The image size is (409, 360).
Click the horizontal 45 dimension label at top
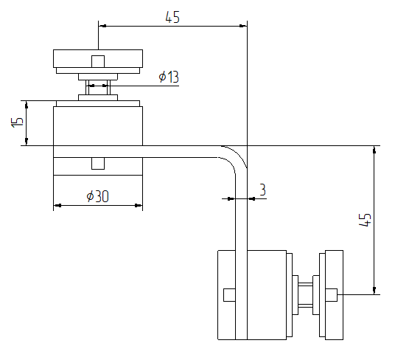point(172,17)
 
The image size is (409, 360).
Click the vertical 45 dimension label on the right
point(365,220)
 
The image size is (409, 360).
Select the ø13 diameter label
point(169,77)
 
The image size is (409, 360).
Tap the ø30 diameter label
point(97,196)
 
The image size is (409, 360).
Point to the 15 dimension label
point(17,122)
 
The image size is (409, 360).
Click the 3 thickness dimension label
point(262,190)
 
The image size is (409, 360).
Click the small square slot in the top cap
point(98,61)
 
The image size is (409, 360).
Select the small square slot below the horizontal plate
point(98,164)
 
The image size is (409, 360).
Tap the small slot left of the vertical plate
point(229,295)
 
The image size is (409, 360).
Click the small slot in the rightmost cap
point(332,295)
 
